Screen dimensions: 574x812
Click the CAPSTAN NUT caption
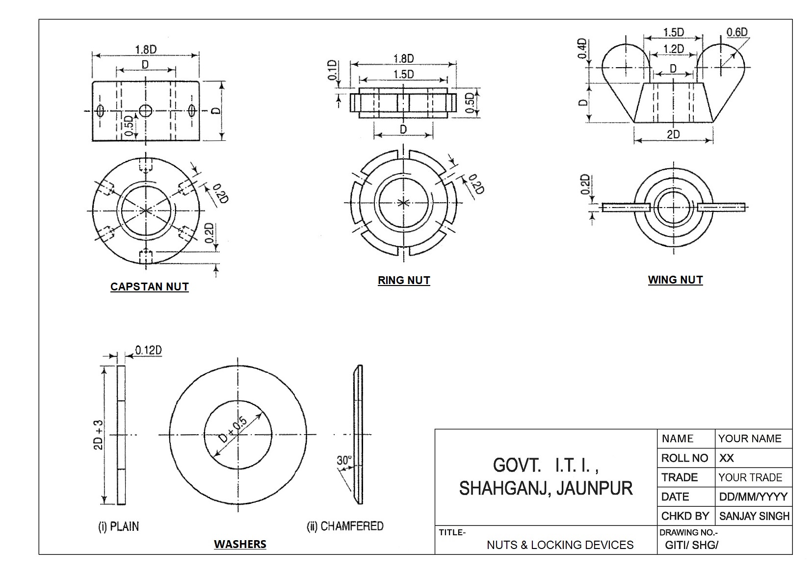click(x=149, y=287)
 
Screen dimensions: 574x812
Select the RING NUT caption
click(x=403, y=281)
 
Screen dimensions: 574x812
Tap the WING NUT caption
click(x=675, y=280)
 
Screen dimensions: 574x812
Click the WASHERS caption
click(x=240, y=544)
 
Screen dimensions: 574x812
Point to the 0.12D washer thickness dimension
click(x=148, y=350)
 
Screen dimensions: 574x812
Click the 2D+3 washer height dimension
click(x=99, y=435)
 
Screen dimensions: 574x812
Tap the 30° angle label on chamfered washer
click(x=344, y=460)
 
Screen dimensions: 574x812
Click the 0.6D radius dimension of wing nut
click(x=737, y=32)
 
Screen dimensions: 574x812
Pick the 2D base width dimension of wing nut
click(x=673, y=134)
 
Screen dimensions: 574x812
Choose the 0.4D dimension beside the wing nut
click(x=582, y=49)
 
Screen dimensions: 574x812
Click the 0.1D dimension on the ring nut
click(x=333, y=71)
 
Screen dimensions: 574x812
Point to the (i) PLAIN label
click(x=119, y=527)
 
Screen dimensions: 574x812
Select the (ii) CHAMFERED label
click(x=345, y=526)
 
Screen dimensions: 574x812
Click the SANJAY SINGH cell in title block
click(x=754, y=516)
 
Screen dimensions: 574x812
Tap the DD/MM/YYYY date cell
click(x=753, y=497)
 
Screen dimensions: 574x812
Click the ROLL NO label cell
click(x=684, y=458)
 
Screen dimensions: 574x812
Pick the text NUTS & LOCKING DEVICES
click(x=560, y=545)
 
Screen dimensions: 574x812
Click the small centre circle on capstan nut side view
click(x=145, y=110)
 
